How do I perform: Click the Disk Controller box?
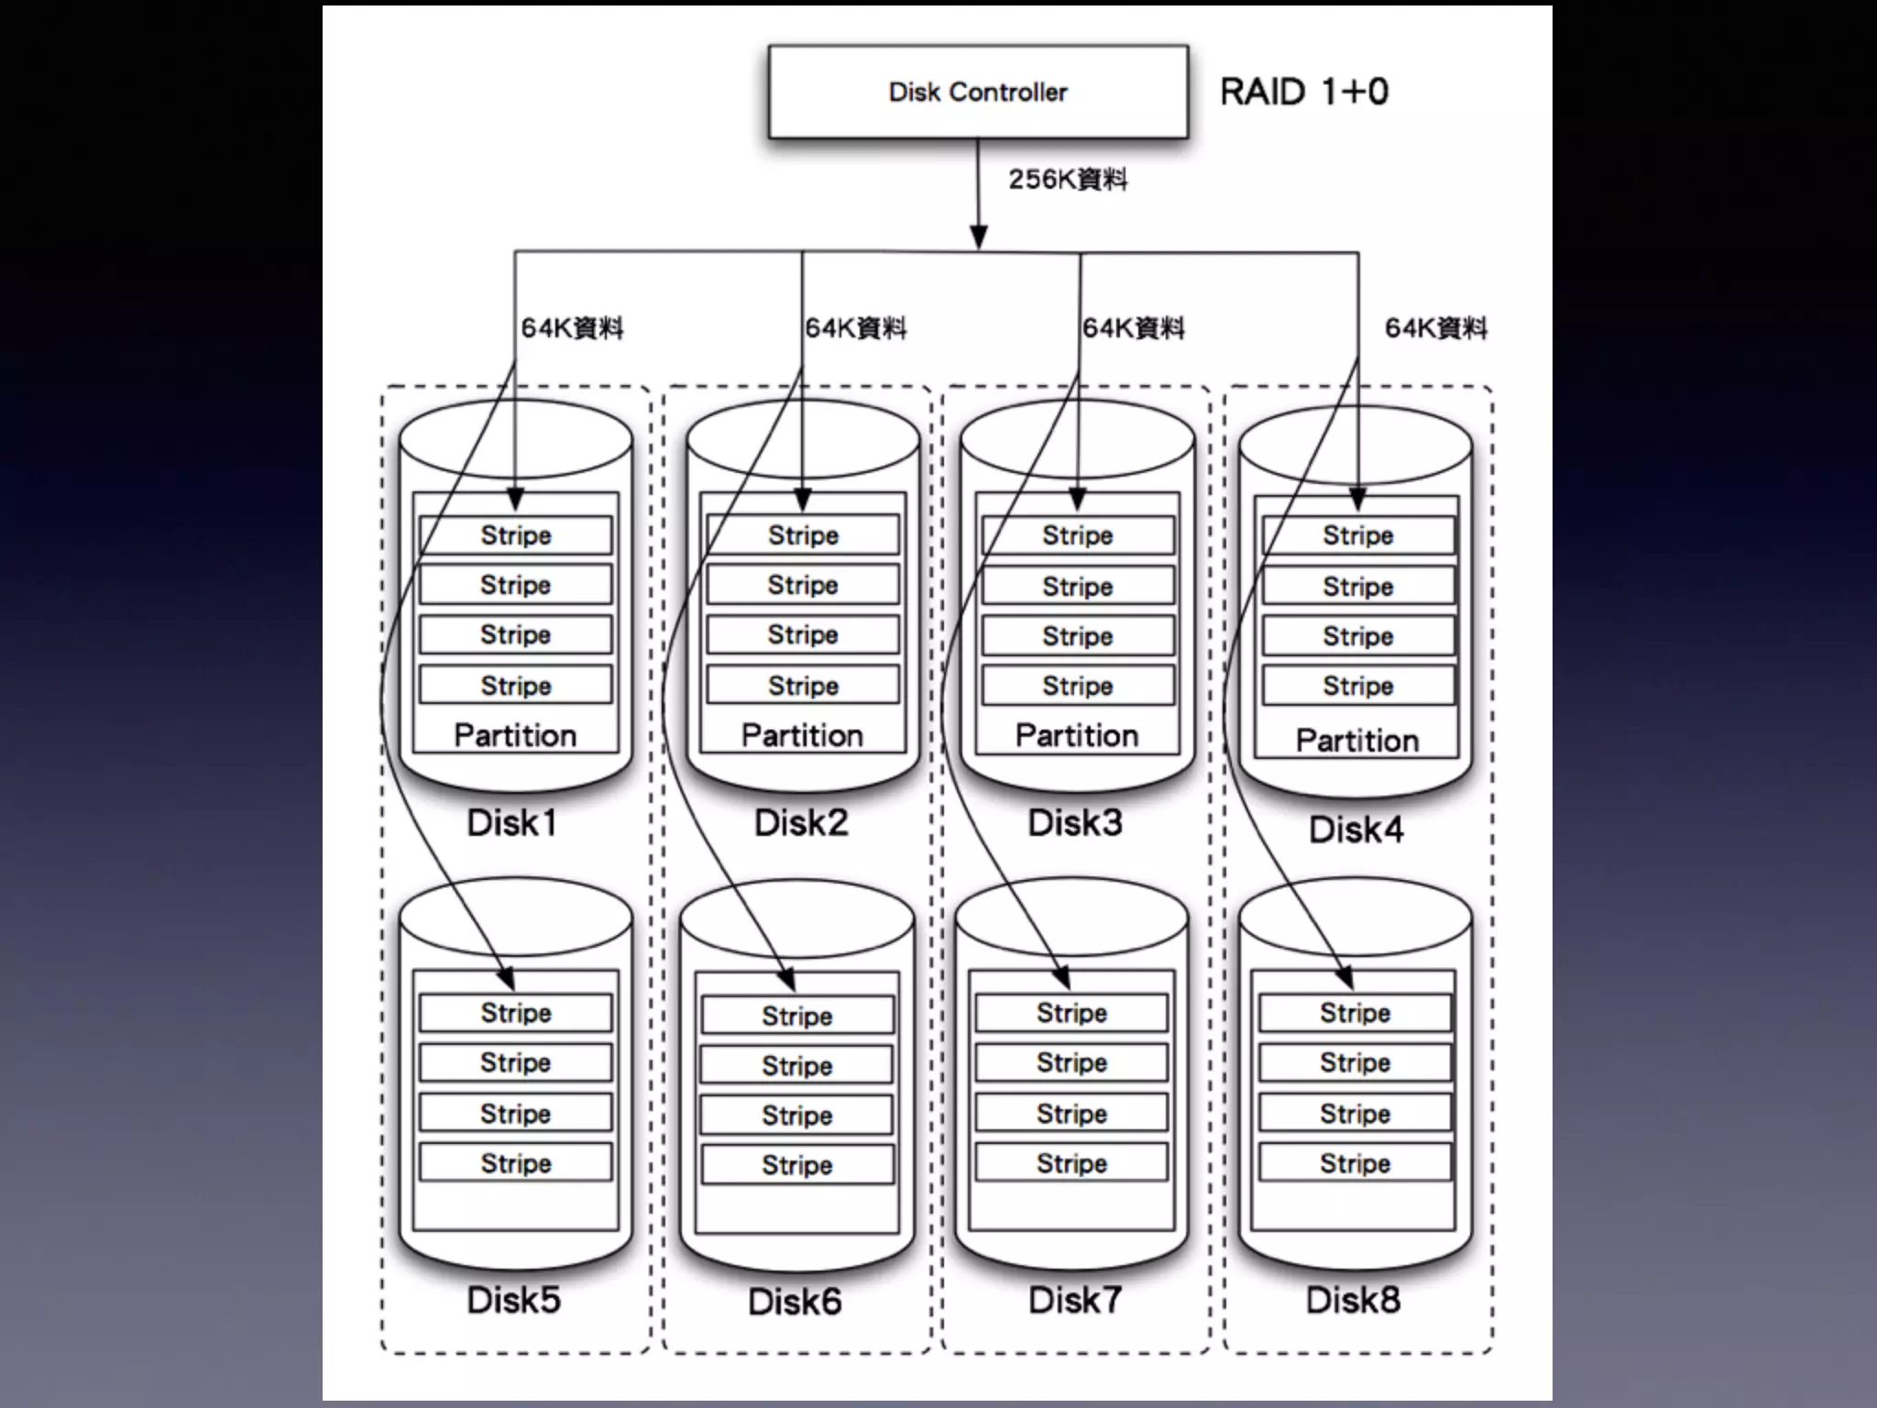(x=978, y=93)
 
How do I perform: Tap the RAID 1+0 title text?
(x=1303, y=93)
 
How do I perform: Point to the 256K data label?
(x=1068, y=180)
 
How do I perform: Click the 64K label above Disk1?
(x=572, y=328)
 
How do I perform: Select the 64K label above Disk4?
(x=1435, y=328)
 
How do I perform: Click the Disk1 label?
(x=512, y=823)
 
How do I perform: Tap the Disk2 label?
(x=801, y=823)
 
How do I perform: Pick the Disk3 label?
(x=1075, y=823)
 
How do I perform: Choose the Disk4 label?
(x=1356, y=830)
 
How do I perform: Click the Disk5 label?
(x=513, y=1300)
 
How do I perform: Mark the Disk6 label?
(x=795, y=1302)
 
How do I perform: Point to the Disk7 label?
(x=1075, y=1300)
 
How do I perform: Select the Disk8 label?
(x=1354, y=1300)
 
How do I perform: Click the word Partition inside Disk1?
(x=515, y=735)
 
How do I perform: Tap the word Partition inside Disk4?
(x=1357, y=741)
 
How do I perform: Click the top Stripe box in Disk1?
(x=516, y=535)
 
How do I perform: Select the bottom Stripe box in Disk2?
(x=803, y=686)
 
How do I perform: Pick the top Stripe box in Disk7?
(x=1071, y=1013)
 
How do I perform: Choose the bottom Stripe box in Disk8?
(x=1355, y=1163)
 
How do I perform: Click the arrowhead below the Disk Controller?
(x=979, y=236)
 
